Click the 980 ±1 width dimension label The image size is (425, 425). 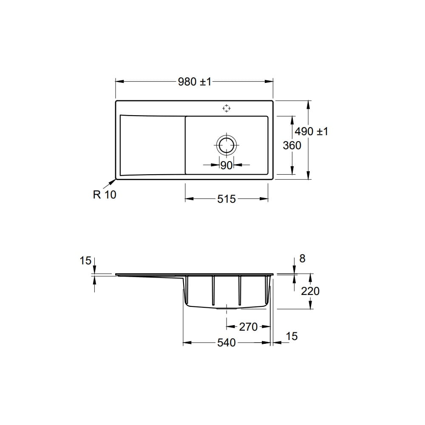pos(195,82)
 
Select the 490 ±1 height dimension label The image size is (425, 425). pos(312,131)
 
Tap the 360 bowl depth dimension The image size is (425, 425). pos(292,145)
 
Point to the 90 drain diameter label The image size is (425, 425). pos(227,165)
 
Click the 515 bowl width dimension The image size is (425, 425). pos(227,199)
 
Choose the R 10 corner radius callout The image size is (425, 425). pos(105,195)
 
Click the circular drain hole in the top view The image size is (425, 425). pos(227,144)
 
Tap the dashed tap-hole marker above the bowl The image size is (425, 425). pos(227,108)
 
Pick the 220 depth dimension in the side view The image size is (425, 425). pos(310,291)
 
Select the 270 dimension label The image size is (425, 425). pos(248,327)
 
